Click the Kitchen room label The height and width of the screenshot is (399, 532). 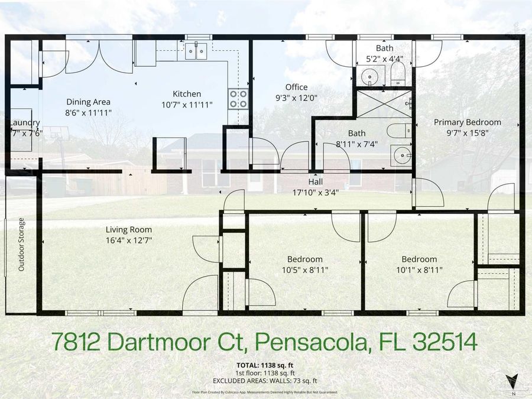click(187, 94)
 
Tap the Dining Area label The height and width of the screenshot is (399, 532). click(88, 102)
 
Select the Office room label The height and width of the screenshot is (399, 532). click(296, 87)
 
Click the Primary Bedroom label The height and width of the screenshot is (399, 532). click(467, 122)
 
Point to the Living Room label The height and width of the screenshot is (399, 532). click(128, 229)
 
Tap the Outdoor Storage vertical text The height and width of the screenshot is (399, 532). click(21, 244)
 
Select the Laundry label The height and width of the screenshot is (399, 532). click(24, 123)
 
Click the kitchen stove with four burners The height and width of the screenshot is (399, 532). click(238, 98)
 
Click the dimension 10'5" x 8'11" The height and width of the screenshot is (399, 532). click(305, 270)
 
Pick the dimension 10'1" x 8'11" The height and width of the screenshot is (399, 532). click(419, 270)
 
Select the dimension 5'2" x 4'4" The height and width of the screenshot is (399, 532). click(384, 59)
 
